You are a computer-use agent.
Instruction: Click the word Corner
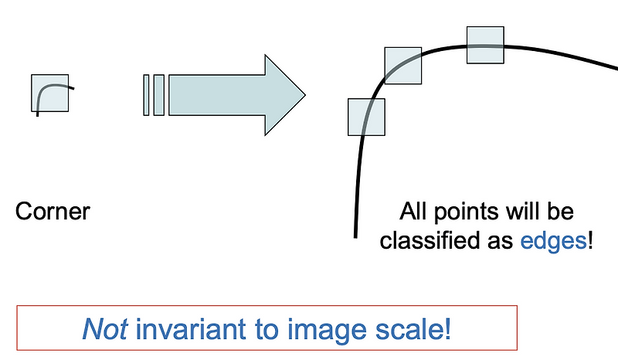pyautogui.click(x=53, y=211)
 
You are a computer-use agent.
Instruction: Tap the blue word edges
pyautogui.click(x=553, y=240)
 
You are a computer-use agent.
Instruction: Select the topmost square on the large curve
pyautogui.click(x=485, y=45)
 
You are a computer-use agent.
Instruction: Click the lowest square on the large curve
pyautogui.click(x=366, y=117)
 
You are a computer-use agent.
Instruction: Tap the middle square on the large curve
pyautogui.click(x=403, y=66)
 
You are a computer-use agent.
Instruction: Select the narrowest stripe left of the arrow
pyautogui.click(x=146, y=95)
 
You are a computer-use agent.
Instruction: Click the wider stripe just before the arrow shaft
pyautogui.click(x=158, y=95)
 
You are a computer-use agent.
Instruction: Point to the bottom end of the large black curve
pyautogui.click(x=355, y=234)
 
